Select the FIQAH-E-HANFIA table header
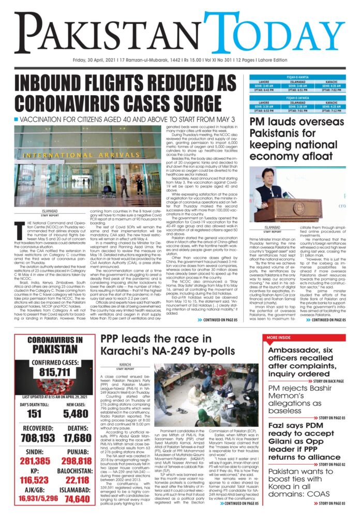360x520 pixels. (x=300, y=79)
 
